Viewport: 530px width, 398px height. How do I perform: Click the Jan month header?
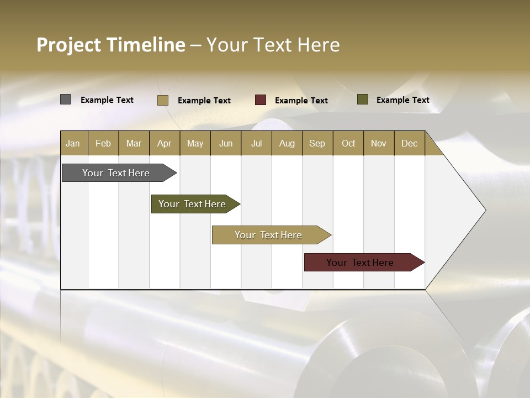[73, 143]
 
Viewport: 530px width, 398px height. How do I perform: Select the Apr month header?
[164, 143]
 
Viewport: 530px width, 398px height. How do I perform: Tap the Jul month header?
[256, 143]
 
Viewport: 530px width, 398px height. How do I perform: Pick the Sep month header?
[317, 143]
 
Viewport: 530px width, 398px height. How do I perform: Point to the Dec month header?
[409, 143]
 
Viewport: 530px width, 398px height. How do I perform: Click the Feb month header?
[103, 143]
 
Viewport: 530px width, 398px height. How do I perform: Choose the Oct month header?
[348, 143]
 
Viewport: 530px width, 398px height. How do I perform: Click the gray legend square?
[65, 99]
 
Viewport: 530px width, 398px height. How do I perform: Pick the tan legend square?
[162, 100]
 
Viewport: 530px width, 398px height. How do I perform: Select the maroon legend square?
[260, 100]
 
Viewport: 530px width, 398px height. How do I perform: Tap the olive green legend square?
[362, 99]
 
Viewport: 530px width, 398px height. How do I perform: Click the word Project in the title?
[69, 45]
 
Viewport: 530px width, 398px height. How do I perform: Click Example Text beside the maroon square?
[301, 101]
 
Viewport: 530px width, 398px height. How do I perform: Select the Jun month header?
[225, 143]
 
